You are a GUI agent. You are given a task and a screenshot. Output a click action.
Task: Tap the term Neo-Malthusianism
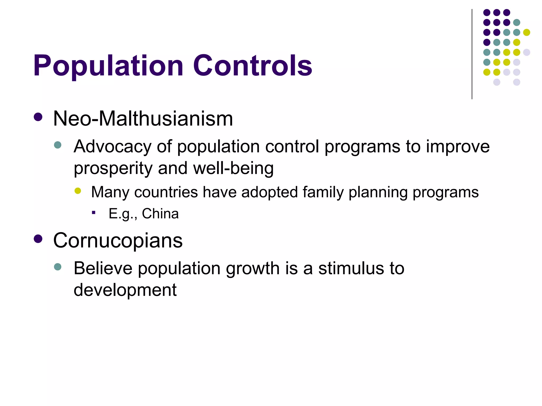143,119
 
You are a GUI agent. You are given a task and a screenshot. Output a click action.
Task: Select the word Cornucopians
118,241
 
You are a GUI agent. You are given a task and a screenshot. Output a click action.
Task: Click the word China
160,214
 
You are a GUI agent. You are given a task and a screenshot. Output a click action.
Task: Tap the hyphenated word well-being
233,168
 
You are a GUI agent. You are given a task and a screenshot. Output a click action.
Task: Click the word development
125,290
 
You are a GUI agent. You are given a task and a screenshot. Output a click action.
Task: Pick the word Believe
103,268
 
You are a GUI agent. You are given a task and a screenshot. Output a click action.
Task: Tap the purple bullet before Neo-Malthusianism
38,117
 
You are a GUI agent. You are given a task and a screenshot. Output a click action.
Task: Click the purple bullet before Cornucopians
38,239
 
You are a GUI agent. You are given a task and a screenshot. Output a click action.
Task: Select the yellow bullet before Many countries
78,191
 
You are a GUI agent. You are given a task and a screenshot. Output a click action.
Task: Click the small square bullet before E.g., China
93,212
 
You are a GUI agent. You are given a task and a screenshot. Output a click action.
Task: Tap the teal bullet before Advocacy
57,145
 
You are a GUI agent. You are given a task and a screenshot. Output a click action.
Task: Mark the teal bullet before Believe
57,267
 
